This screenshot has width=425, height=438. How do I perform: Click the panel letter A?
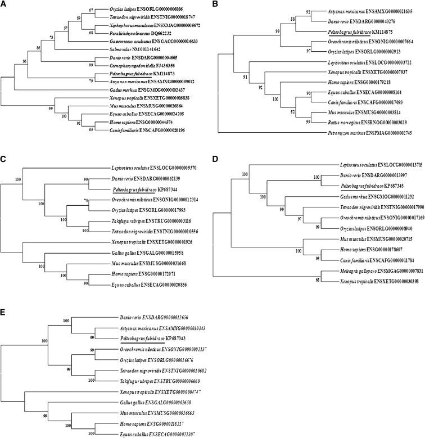pos(3,4)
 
